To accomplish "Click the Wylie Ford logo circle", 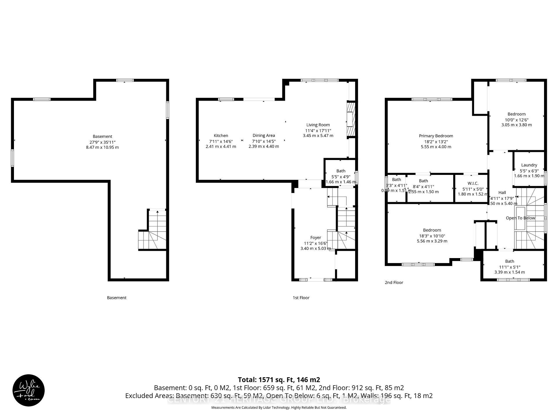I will (x=28, y=390).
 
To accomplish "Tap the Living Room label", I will (x=318, y=125).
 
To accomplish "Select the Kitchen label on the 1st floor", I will (x=221, y=136).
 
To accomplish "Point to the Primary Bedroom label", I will (x=436, y=136).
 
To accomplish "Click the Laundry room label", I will (x=529, y=165).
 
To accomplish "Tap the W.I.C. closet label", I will (x=473, y=183).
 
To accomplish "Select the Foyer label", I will (x=316, y=237).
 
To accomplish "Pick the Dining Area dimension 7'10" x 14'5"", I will (x=264, y=141).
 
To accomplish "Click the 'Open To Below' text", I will (x=520, y=218).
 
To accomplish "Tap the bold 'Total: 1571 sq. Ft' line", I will (x=279, y=380).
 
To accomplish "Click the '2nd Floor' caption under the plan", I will (x=394, y=283).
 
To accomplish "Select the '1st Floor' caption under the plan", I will (x=301, y=298).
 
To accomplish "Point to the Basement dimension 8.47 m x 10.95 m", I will (x=102, y=147).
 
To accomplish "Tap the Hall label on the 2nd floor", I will (x=502, y=193).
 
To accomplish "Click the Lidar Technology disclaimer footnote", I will (x=279, y=408).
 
